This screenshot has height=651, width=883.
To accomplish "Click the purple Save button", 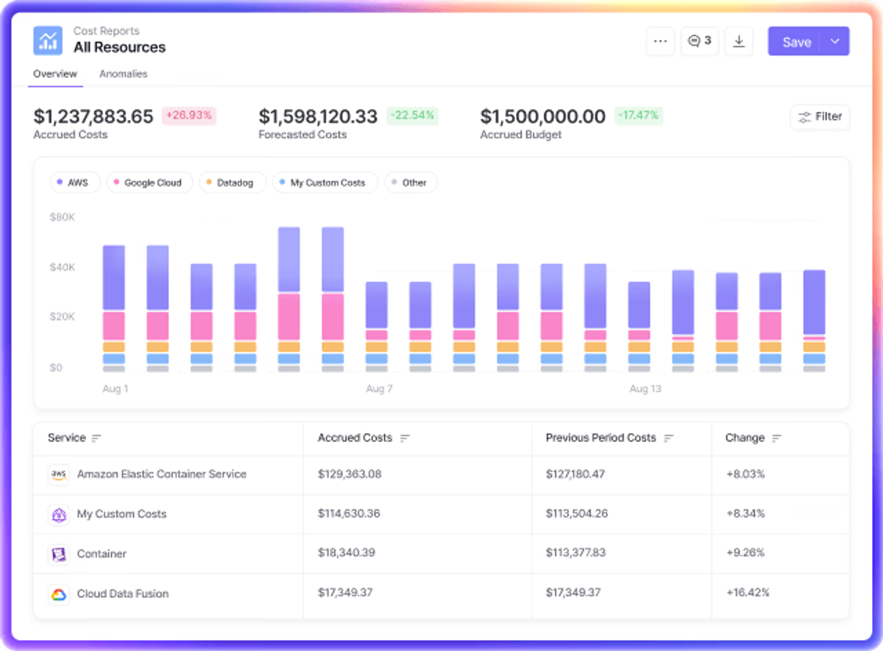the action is click(x=796, y=41).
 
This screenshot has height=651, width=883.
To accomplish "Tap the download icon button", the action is click(x=739, y=41).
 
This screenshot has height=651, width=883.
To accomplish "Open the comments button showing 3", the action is click(x=699, y=41).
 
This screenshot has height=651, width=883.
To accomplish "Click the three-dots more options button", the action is click(x=660, y=41).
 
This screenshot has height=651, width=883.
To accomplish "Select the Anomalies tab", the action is click(x=124, y=74).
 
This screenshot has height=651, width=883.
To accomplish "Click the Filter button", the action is click(x=820, y=117).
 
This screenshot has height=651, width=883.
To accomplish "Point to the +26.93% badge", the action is click(x=189, y=115).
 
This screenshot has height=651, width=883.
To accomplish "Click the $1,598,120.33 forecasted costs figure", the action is click(x=318, y=117).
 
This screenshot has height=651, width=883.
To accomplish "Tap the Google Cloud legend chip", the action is click(x=150, y=182).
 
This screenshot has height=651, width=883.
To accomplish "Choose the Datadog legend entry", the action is click(x=233, y=182).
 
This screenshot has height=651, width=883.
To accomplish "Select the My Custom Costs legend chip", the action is click(x=325, y=182).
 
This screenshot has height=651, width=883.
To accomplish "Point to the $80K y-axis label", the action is click(x=63, y=217).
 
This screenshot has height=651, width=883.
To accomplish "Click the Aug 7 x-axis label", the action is click(x=379, y=389).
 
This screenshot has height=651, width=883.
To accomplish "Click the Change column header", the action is click(x=745, y=438).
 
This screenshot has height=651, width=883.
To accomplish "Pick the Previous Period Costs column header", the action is click(x=600, y=438).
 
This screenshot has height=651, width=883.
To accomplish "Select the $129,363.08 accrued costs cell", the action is click(x=350, y=474).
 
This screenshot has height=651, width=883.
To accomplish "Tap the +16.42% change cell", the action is click(x=748, y=593).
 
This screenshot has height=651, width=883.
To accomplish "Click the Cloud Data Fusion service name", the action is click(x=123, y=594).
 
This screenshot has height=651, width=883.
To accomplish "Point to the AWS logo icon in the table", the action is click(x=59, y=474).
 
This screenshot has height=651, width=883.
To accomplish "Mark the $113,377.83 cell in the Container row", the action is click(x=575, y=553).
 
